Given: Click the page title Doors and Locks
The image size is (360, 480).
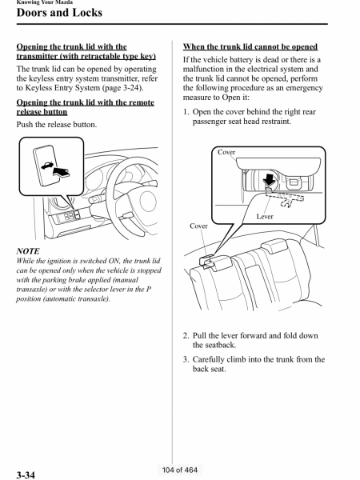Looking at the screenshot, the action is [59, 13].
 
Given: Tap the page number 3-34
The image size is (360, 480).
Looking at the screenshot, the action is [26, 474].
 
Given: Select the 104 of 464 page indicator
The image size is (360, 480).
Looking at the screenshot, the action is [180, 470].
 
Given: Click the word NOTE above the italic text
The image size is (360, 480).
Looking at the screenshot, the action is [28, 251].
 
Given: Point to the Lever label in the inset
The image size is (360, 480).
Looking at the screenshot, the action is [265, 217].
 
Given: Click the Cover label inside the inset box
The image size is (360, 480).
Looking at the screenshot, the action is [226, 152].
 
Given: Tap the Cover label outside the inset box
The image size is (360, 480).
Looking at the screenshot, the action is [198, 226].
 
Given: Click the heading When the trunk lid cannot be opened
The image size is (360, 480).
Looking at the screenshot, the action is [250, 47].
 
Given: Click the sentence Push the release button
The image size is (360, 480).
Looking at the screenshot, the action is [57, 125].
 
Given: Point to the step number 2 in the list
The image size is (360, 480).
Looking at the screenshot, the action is [186, 336].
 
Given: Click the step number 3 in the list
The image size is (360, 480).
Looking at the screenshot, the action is [186, 360].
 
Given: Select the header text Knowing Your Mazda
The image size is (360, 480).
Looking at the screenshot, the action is [45, 2].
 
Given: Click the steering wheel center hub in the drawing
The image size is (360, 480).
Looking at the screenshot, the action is [148, 202].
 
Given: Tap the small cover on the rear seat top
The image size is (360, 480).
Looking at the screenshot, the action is [207, 262].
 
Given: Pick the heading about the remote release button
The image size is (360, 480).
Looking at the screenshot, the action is [85, 107].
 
